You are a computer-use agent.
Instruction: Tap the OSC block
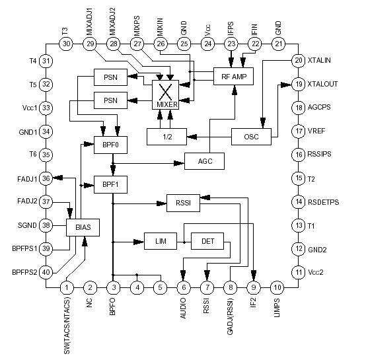[252, 137]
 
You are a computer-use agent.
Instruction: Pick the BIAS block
[83, 228]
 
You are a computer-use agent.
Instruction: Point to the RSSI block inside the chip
[182, 203]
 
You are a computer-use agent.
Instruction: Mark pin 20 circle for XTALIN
[299, 61]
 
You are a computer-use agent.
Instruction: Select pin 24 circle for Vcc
[207, 44]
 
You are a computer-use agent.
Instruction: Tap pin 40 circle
[46, 271]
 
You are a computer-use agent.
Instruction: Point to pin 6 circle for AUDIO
[183, 288]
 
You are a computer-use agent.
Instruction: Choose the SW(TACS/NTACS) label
[66, 326]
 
